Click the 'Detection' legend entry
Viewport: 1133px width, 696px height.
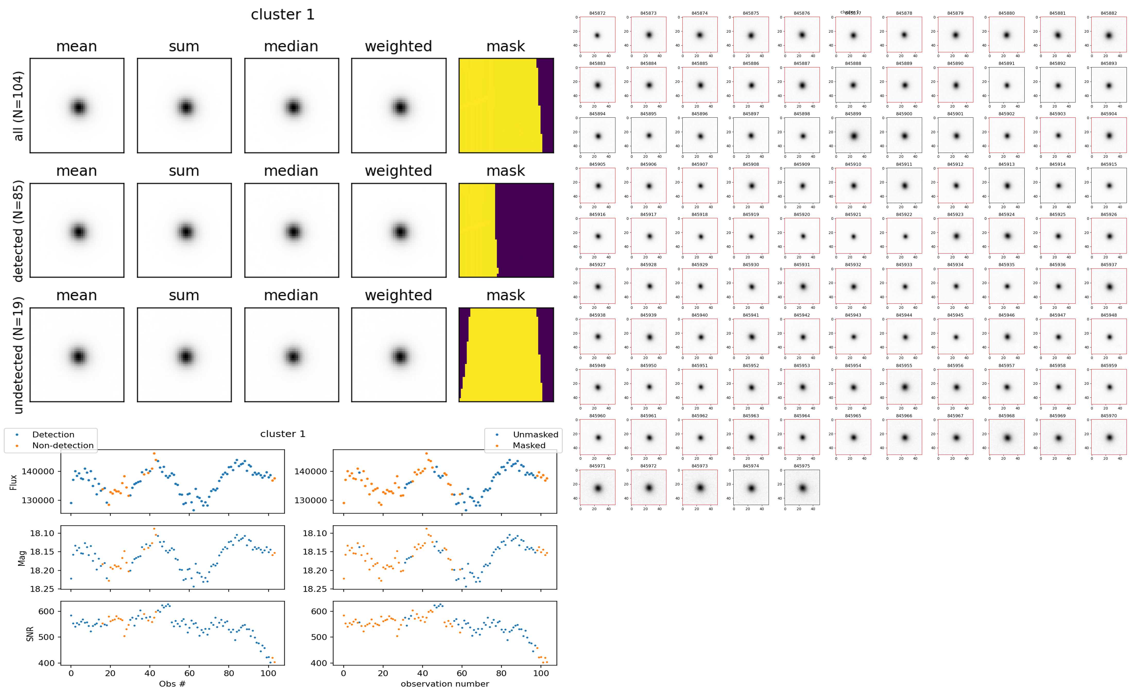click(53, 434)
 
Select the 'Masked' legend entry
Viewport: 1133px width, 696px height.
click(528, 445)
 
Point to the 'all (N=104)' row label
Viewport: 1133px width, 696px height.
click(18, 106)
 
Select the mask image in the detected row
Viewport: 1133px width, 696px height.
click(506, 230)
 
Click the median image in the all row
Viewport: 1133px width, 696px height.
click(291, 106)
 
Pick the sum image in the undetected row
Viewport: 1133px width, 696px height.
click(184, 355)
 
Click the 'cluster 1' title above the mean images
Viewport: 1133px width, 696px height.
click(283, 15)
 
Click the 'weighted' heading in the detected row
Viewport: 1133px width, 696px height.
click(398, 171)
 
